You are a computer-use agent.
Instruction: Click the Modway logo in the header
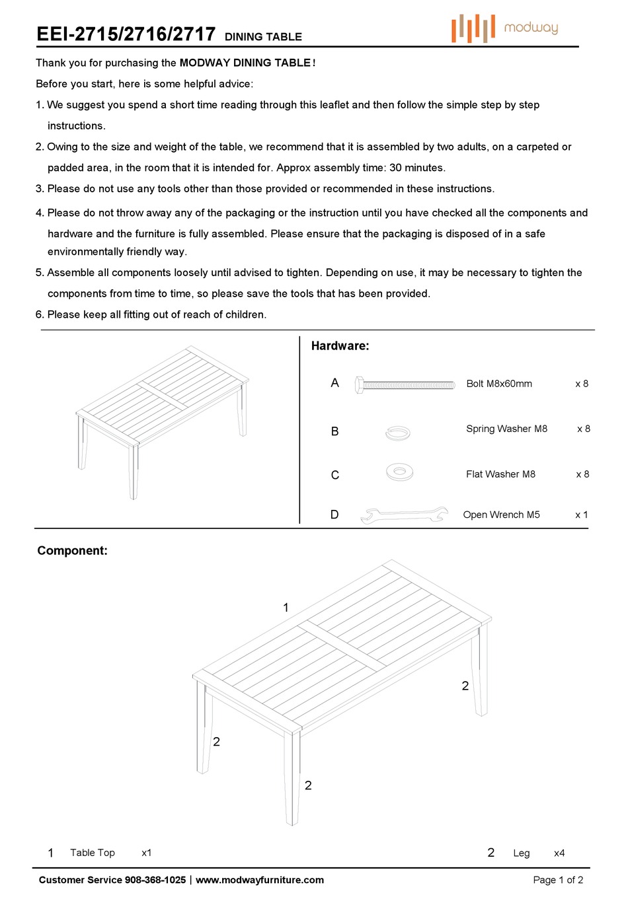(505, 28)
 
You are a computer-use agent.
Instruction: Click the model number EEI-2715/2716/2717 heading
(126, 34)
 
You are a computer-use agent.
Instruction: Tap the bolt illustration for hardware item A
(405, 384)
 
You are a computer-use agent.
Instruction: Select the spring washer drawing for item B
(397, 433)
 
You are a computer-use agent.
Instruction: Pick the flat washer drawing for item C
(399, 472)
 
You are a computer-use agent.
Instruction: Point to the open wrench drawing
(404, 515)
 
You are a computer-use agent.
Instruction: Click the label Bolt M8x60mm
(499, 384)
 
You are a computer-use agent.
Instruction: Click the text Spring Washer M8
(506, 429)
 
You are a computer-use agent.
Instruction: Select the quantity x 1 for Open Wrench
(581, 515)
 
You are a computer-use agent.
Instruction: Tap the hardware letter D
(334, 515)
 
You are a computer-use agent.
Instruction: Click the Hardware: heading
(340, 345)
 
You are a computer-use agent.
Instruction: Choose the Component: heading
(72, 550)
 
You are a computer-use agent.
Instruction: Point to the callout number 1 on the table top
(286, 607)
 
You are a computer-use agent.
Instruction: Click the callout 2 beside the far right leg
(465, 686)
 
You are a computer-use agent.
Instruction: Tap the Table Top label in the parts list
(93, 853)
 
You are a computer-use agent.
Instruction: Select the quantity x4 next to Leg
(559, 853)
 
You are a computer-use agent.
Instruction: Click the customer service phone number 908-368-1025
(155, 880)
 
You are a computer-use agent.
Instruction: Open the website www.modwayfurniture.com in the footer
(260, 880)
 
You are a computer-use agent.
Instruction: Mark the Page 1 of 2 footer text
(558, 880)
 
